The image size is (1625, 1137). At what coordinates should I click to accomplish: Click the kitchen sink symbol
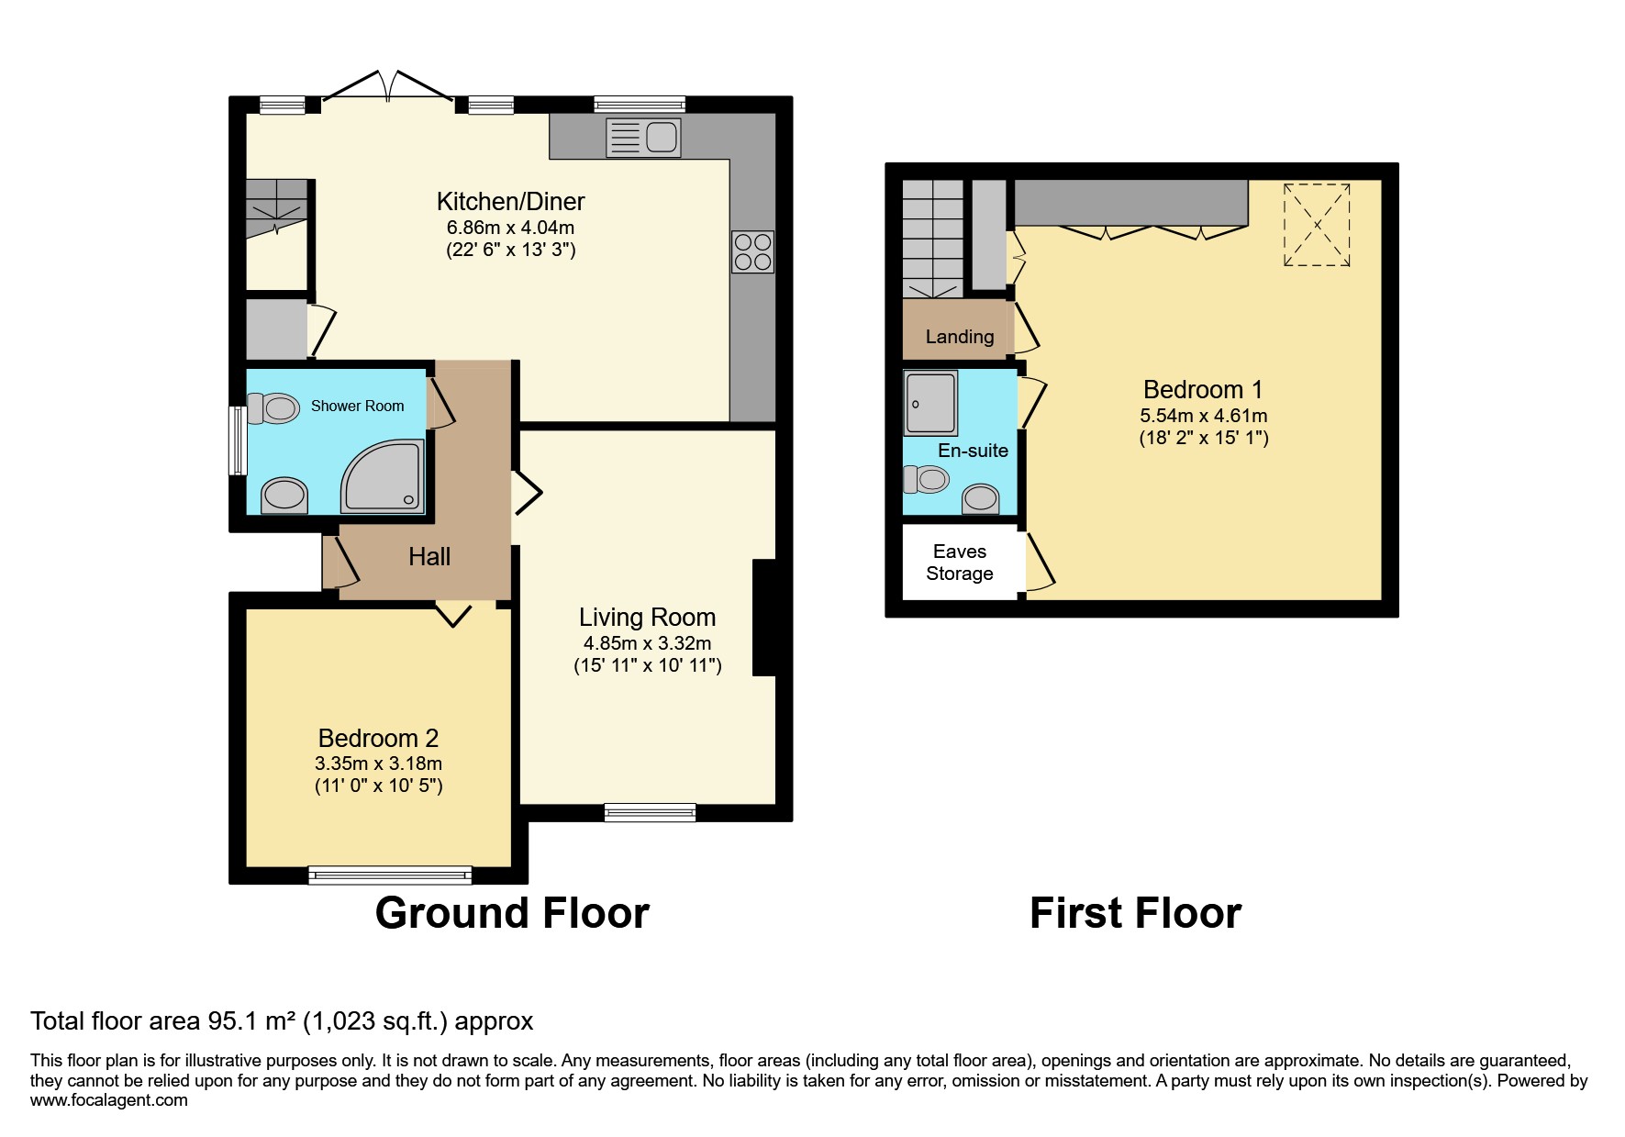[643, 138]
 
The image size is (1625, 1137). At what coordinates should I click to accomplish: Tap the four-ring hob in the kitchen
[752, 251]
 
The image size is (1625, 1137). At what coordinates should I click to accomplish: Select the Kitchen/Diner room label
[510, 202]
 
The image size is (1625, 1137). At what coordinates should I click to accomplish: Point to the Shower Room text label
[357, 406]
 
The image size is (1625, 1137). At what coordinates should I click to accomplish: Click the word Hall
[429, 557]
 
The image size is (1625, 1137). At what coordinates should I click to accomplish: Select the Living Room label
[647, 618]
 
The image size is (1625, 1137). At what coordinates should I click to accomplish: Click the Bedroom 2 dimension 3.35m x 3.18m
[378, 764]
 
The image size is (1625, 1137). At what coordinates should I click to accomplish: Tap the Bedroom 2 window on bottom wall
[390, 875]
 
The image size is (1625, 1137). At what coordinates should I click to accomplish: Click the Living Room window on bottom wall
[650, 811]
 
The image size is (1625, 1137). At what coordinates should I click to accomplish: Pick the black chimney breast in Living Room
[763, 618]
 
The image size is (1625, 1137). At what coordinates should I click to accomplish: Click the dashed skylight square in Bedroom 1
[1317, 225]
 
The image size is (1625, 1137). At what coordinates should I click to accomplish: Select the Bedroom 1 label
[1203, 390]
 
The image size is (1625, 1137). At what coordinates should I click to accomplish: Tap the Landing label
[959, 337]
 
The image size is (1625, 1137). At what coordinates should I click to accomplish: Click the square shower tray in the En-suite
[930, 402]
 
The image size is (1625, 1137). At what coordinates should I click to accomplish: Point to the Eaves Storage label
[959, 563]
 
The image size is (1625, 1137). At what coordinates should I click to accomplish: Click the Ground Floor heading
[512, 913]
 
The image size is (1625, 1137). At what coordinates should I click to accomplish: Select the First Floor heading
[1135, 913]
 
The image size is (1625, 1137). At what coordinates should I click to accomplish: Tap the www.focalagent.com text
[108, 1100]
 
